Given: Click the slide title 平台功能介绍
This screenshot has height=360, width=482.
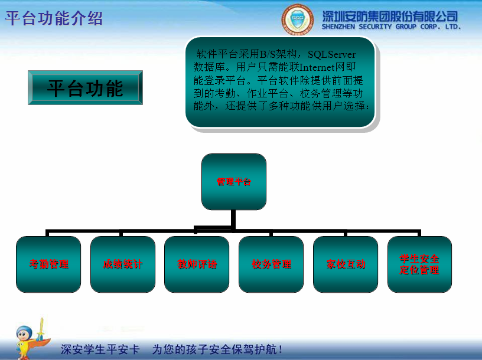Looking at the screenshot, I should (x=54, y=18).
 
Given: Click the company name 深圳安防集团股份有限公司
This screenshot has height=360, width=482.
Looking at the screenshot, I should (x=390, y=16).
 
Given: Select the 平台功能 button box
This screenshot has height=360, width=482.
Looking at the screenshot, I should (x=85, y=88).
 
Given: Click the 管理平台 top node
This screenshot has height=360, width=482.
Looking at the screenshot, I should (x=234, y=181).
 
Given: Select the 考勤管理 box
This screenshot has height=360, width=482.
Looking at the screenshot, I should (x=48, y=264).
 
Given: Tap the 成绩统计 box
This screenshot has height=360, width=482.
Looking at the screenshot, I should (x=123, y=264).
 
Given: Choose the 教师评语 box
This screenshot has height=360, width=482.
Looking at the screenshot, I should (x=197, y=264).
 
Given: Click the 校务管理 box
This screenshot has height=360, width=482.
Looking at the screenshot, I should (x=271, y=264).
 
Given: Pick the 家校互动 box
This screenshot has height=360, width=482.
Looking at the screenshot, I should (x=346, y=264).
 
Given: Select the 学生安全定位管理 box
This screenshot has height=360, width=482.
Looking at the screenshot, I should (x=419, y=264).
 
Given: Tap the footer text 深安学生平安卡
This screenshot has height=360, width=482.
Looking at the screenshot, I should (x=100, y=349).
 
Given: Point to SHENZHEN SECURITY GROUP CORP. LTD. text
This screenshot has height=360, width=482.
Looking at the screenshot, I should (x=391, y=27).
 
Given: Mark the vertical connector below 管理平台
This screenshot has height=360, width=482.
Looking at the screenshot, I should (x=234, y=218).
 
